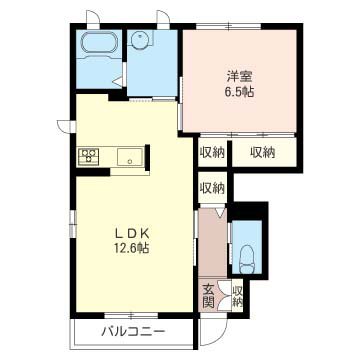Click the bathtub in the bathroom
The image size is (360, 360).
[99, 42]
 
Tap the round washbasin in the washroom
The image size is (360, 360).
[138, 41]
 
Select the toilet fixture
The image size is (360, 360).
[247, 257]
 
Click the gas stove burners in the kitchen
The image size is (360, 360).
[89, 156]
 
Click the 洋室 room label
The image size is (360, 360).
[239, 77]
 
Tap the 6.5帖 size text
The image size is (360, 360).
[239, 92]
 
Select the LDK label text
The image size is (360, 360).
[132, 234]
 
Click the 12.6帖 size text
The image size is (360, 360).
[132, 248]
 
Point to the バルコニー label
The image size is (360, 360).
[133, 332]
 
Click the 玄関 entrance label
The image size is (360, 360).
[208, 295]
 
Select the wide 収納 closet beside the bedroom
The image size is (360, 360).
[263, 153]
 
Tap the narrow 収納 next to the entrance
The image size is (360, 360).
[237, 297]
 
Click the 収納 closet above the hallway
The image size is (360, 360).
[212, 189]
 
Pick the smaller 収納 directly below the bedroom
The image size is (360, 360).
[212, 153]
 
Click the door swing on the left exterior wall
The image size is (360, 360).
[65, 127]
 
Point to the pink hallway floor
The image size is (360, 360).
[213, 242]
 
